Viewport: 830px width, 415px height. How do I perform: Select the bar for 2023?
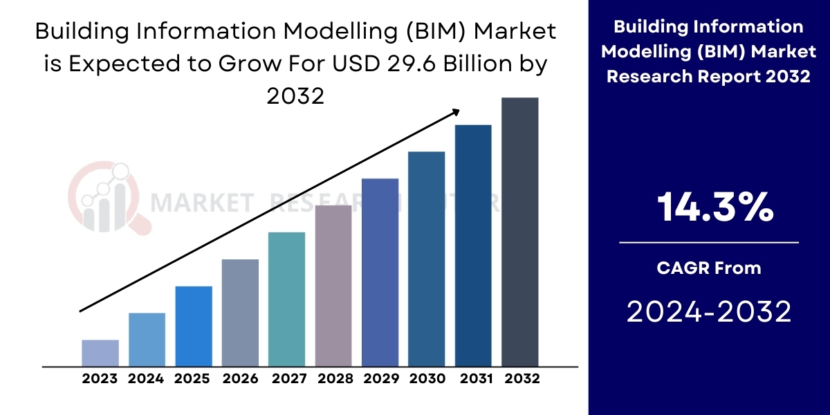(100, 353)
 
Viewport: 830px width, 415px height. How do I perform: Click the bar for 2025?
(194, 326)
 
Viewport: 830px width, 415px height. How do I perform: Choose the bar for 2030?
(426, 258)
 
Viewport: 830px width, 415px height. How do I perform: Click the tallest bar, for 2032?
(519, 232)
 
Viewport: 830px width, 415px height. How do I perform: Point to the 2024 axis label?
(146, 379)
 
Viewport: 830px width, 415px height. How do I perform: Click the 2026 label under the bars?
(240, 379)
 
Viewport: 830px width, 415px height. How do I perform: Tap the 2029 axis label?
(380, 379)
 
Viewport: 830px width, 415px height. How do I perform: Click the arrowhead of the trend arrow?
(456, 111)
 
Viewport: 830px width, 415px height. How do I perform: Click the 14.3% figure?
(714, 207)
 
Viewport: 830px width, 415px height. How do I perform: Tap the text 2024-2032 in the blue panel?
(709, 313)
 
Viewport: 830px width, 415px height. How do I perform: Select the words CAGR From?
(709, 268)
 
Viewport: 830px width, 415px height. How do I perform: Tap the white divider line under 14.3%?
(709, 243)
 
